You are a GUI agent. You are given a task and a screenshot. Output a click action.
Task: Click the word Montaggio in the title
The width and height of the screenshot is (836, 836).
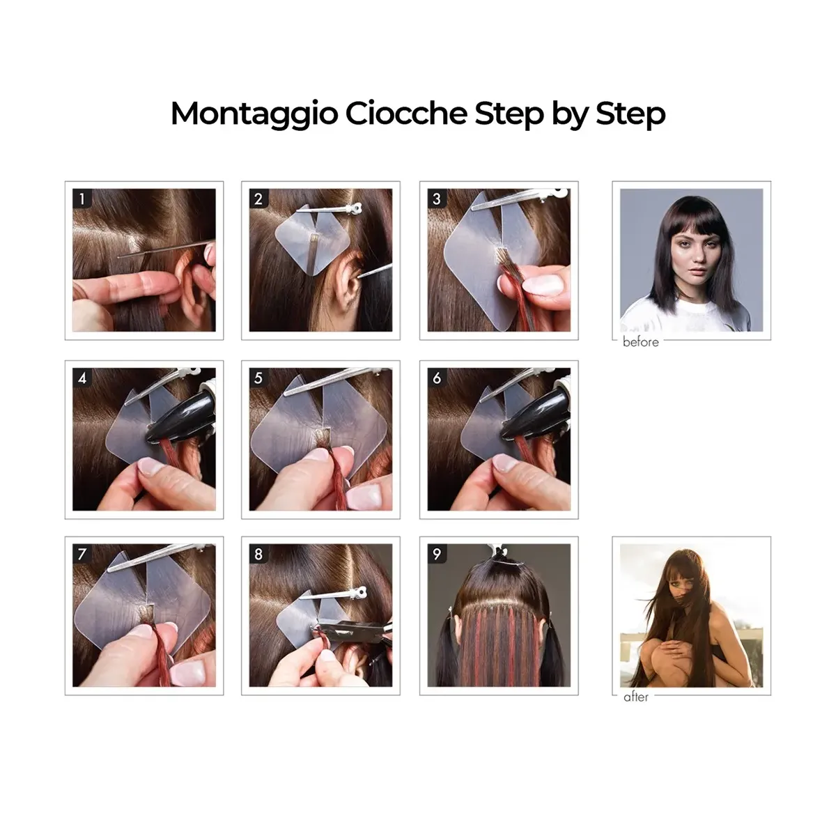pos(254,114)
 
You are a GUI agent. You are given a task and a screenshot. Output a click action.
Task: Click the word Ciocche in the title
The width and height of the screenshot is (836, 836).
pos(406,114)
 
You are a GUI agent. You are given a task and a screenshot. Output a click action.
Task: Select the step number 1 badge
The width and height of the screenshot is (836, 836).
pos(82,199)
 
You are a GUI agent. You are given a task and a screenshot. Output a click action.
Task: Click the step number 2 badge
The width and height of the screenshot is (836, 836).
pos(258,199)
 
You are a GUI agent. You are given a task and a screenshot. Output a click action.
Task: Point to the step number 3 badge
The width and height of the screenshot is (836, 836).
pos(437,199)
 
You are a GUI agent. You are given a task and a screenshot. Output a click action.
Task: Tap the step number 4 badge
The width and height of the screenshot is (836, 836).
pos(82,378)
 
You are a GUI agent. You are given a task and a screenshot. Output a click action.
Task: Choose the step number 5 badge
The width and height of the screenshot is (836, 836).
pos(258,378)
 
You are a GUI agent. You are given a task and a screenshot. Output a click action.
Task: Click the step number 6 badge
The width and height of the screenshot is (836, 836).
pos(437,378)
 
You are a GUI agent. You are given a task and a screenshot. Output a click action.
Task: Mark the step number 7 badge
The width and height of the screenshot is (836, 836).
pos(82,554)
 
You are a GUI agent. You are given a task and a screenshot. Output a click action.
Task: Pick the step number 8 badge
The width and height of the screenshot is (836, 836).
pos(258,554)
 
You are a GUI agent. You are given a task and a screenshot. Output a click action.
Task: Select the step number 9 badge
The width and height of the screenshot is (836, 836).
pos(437,554)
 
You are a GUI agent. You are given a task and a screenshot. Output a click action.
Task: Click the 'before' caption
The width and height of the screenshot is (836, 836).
pos(640,342)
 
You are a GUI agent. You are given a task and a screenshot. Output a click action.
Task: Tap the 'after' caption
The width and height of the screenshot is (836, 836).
pos(636,697)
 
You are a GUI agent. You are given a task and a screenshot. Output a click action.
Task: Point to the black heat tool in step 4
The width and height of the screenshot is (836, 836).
pos(183,416)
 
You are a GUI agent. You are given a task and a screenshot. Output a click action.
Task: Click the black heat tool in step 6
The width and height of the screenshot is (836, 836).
pos(537,416)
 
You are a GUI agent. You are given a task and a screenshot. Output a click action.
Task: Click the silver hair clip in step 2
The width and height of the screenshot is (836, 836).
pos(330,209)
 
